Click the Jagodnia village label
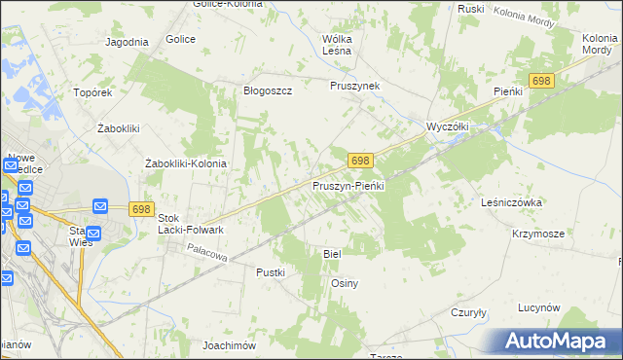[127, 42]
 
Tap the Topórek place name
[93, 93]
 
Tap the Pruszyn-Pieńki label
[349, 185]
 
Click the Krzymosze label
[538, 234]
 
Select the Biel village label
[332, 253]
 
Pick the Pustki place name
[270, 272]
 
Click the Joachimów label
[228, 345]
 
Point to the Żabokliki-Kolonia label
[185, 163]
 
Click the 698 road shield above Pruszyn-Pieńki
[360, 160]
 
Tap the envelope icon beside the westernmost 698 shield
[101, 206]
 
